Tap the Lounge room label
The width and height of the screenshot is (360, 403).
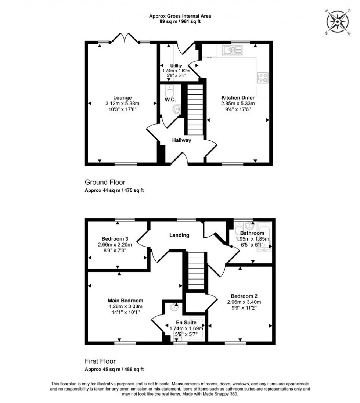click(x=122, y=98)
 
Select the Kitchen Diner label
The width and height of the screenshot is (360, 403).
click(x=238, y=98)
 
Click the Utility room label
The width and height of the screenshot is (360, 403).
click(x=176, y=66)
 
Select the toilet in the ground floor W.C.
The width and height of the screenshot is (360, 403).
click(x=169, y=90)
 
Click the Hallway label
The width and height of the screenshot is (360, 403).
click(x=182, y=140)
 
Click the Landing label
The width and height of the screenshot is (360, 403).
click(x=179, y=235)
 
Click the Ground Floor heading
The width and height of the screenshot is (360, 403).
click(x=105, y=182)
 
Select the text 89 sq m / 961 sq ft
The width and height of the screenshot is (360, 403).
click(x=180, y=22)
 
